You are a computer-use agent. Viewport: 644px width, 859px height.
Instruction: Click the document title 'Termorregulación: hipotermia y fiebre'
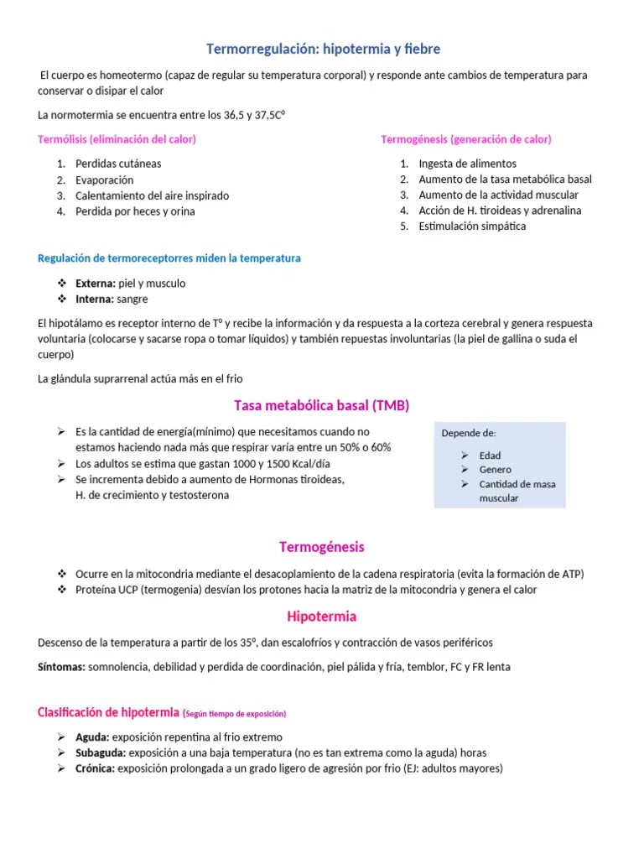coord(323,49)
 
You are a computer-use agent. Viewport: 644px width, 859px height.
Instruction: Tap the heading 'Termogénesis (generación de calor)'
coord(466,139)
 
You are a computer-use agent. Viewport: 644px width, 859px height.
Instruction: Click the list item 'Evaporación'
coord(104,180)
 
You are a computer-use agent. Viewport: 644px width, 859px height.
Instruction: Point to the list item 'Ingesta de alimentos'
coord(467,164)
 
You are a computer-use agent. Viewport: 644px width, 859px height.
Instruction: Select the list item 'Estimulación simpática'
coord(472,226)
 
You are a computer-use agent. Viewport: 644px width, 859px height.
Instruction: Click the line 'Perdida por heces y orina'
coord(135,211)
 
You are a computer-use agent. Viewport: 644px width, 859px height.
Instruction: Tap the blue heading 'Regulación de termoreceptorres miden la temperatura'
coord(169,258)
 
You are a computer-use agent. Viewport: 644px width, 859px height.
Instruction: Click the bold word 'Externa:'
coord(96,284)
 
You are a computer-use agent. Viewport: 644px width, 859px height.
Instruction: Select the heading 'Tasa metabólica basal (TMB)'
coord(322,406)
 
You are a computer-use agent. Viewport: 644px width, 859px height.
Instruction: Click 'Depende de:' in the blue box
coord(469,434)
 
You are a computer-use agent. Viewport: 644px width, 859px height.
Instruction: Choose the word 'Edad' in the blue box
coord(490,456)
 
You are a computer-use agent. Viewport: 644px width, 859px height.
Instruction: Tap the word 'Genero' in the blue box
coord(495,470)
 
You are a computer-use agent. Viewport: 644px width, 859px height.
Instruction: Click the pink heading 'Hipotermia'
coord(322,617)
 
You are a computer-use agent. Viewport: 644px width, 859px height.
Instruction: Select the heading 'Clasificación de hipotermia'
coord(108,713)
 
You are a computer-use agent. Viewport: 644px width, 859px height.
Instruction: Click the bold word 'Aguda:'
coord(91,737)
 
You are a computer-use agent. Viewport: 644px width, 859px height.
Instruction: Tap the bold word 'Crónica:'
coord(95,768)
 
